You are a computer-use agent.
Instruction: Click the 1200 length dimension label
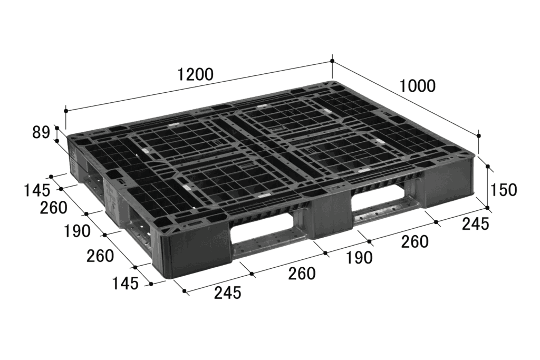(195, 74)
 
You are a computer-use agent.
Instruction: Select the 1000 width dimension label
(418, 86)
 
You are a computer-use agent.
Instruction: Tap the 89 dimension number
(41, 132)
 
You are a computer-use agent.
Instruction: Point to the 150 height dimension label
(503, 190)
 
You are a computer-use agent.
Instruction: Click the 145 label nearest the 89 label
(37, 190)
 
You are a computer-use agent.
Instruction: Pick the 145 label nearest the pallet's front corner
(125, 284)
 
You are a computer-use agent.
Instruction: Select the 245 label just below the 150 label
(475, 224)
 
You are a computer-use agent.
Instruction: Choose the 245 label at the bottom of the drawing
(227, 293)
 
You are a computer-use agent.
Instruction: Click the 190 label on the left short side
(77, 231)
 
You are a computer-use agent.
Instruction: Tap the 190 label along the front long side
(359, 258)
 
